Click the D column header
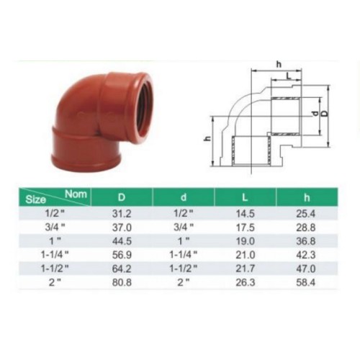[x=122, y=197]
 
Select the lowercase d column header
[x=184, y=197]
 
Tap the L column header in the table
[x=245, y=197]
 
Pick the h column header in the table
[x=307, y=197]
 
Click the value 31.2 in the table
[x=122, y=214]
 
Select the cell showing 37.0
[x=122, y=228]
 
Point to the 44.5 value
[x=122, y=241]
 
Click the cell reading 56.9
[x=122, y=255]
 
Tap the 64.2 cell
[x=122, y=269]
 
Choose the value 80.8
[x=122, y=282]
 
